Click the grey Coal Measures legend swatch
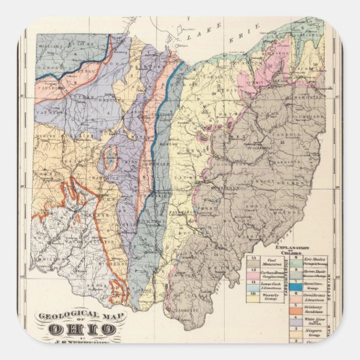[253, 259]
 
